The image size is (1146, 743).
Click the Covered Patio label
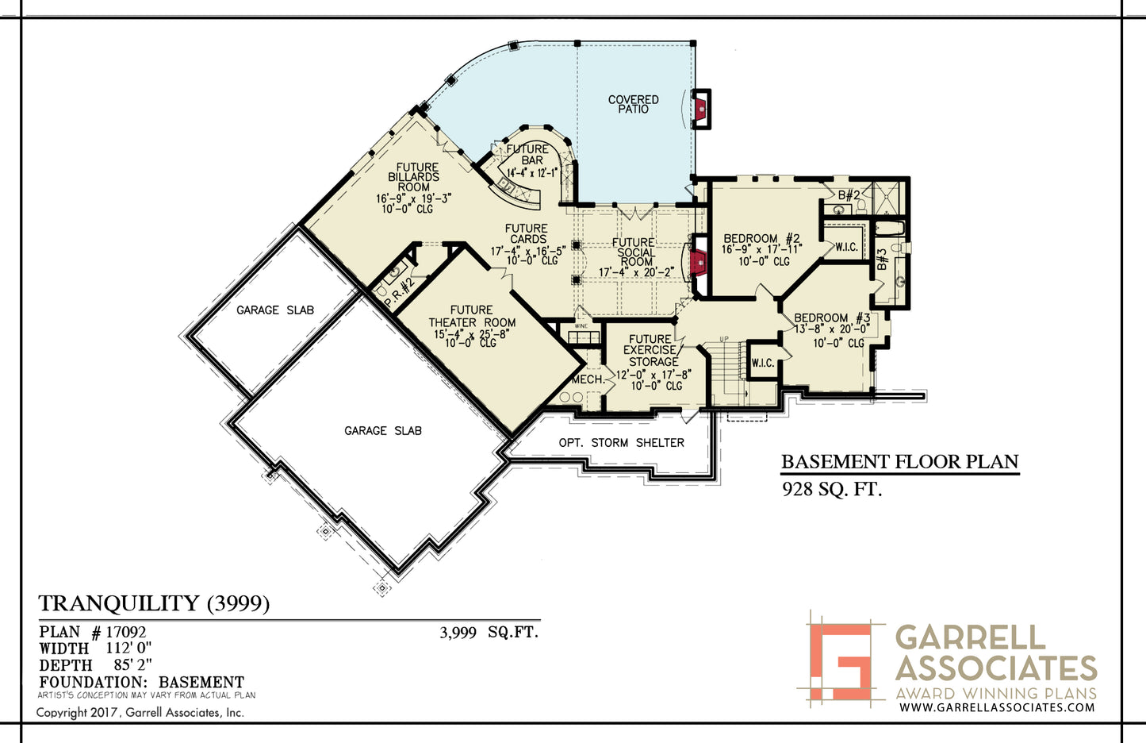[x=633, y=104]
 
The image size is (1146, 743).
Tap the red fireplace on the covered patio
[x=699, y=110]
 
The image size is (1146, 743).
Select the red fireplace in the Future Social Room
[x=697, y=264]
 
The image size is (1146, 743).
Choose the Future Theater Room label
[x=472, y=317]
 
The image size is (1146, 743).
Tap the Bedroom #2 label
[x=762, y=239]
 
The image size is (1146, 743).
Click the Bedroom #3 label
[x=832, y=318]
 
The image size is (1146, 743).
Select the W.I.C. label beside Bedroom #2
[x=847, y=247]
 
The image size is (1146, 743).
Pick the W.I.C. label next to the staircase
[x=763, y=363]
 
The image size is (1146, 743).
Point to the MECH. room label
[x=588, y=379]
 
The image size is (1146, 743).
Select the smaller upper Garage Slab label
[x=275, y=310]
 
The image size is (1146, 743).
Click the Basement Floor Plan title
[x=900, y=462]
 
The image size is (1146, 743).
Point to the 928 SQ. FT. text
[x=832, y=490]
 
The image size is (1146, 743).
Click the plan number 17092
[x=126, y=633]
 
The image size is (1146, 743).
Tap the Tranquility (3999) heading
[x=154, y=604]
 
